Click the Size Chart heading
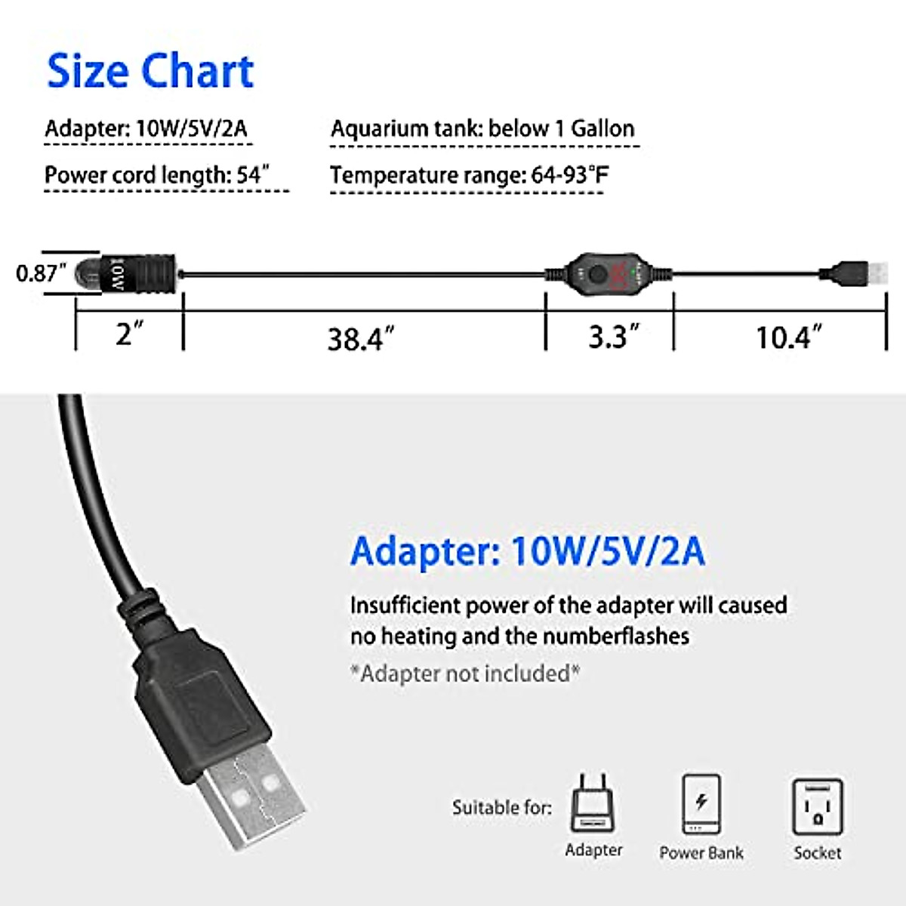pos(150,71)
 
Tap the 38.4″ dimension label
pos(360,339)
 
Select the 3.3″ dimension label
pos(613,337)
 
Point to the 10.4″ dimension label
pos(788,337)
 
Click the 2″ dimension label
pos(129,333)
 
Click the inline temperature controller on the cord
pos(609,273)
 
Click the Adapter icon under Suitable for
pos(593,803)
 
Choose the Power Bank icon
pos(701,805)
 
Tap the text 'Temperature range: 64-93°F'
pos(468,175)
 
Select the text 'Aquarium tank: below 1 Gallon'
pos(482,128)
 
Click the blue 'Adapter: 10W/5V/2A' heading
pos(527,551)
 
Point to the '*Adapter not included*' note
pos(465,673)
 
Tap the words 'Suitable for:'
pos(501,808)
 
